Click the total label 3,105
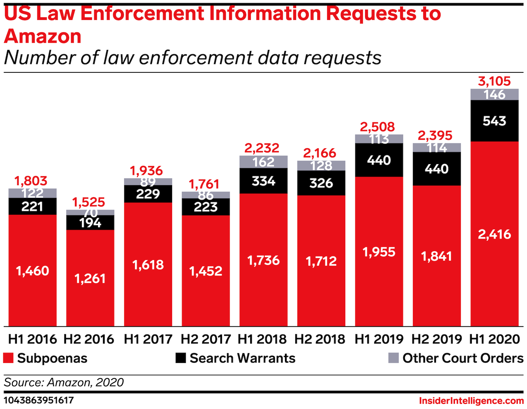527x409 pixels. [494, 81]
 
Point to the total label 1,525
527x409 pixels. [89, 202]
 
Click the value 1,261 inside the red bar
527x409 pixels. [90, 279]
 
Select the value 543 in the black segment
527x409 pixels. [494, 121]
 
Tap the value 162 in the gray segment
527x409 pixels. [263, 162]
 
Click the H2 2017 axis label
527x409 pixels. [206, 339]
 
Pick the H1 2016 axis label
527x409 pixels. [32, 339]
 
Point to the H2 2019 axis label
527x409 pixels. [437, 339]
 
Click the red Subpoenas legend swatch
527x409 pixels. [8, 358]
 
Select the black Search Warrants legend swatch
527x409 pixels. [181, 358]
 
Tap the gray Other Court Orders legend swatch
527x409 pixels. [393, 358]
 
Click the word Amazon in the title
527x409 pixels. [43, 36]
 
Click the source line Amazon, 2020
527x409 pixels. [64, 382]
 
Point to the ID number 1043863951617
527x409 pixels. [39, 400]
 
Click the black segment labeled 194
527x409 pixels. [90, 222]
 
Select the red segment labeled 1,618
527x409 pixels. [148, 265]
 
